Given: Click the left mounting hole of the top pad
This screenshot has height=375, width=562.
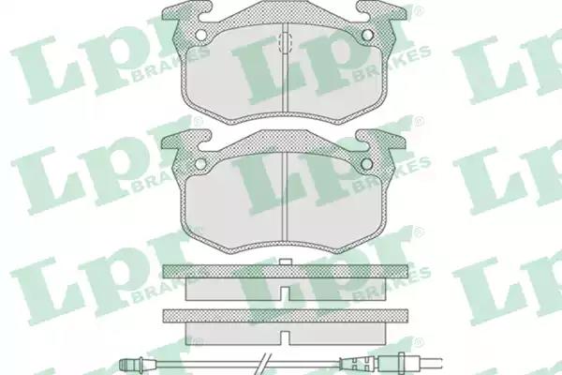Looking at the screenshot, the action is (200, 35).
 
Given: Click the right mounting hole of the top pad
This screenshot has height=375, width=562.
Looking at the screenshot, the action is (367, 35).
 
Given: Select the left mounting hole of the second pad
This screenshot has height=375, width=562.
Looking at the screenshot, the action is (200, 164).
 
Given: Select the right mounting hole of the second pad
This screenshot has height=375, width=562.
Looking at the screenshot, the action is (367, 164).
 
